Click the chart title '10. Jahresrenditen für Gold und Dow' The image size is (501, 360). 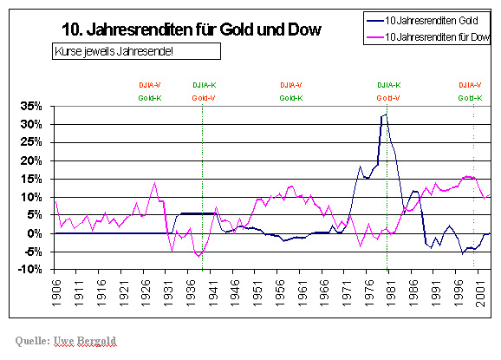(192, 30)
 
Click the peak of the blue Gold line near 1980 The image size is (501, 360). (384, 114)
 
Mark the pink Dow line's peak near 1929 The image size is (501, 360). (154, 183)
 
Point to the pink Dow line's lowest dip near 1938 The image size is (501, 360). (199, 258)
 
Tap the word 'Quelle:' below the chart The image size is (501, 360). (35, 337)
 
